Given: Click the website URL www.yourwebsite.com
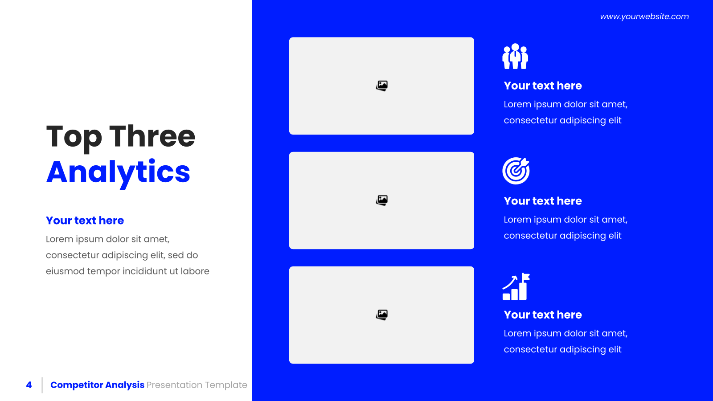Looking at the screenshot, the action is [644, 16].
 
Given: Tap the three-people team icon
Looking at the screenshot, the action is [515, 56].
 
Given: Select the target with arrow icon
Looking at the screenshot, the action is [516, 171].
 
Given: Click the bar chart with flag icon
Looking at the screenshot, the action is [516, 286].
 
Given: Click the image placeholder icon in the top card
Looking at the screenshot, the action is [381, 86].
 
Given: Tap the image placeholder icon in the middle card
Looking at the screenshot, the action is [381, 200].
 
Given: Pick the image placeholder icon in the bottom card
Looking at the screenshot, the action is [381, 315].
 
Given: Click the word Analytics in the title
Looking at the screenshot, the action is [118, 173].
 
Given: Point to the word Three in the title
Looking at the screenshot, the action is [152, 136].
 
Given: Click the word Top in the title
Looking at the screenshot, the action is [74, 138].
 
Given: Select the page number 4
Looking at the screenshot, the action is [29, 385].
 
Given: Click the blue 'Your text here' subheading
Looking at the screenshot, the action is [85, 220].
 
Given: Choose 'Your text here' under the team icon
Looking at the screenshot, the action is [543, 86].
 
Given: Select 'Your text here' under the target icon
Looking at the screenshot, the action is [543, 201].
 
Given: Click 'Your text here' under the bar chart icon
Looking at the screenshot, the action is [543, 315].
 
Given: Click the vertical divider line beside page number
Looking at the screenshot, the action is [42, 385].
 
